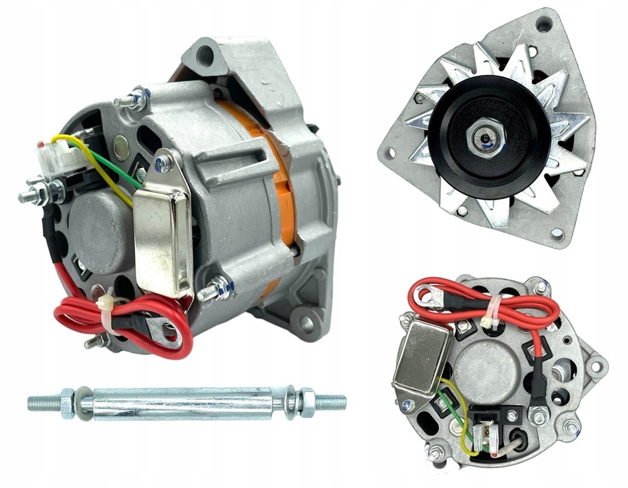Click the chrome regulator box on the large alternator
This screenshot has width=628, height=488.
tap(163, 240)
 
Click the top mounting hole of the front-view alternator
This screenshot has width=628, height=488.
tap(543, 25)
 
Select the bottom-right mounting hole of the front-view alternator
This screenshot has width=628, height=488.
tap(556, 233)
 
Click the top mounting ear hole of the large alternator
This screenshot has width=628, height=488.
tap(205, 55)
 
